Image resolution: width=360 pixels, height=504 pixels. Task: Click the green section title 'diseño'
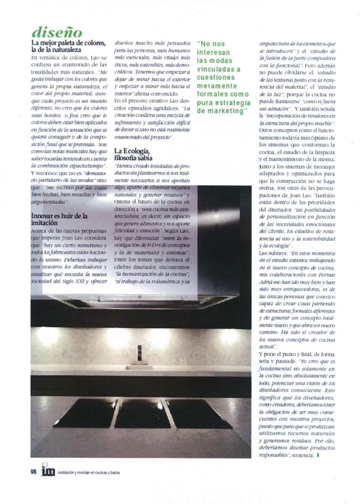tap(57, 33)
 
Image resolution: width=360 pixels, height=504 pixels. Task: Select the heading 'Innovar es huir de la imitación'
tap(59, 219)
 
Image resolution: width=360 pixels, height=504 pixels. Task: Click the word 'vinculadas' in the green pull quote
tap(219, 70)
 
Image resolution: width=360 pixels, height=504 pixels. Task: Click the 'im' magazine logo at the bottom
tap(48, 470)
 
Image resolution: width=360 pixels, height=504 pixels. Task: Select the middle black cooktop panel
tap(143, 414)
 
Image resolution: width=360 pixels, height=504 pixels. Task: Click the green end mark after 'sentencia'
tap(318, 455)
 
